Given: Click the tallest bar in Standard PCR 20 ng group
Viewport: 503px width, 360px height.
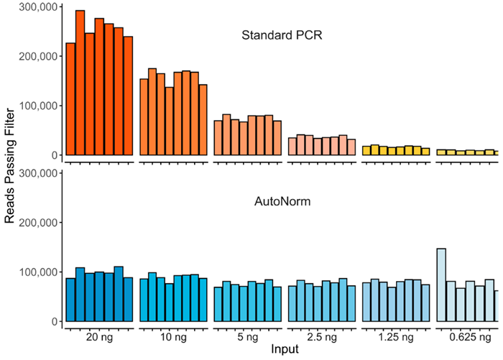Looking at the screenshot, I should point(80,83).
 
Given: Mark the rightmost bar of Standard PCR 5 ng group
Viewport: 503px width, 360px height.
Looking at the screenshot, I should point(277,138).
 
